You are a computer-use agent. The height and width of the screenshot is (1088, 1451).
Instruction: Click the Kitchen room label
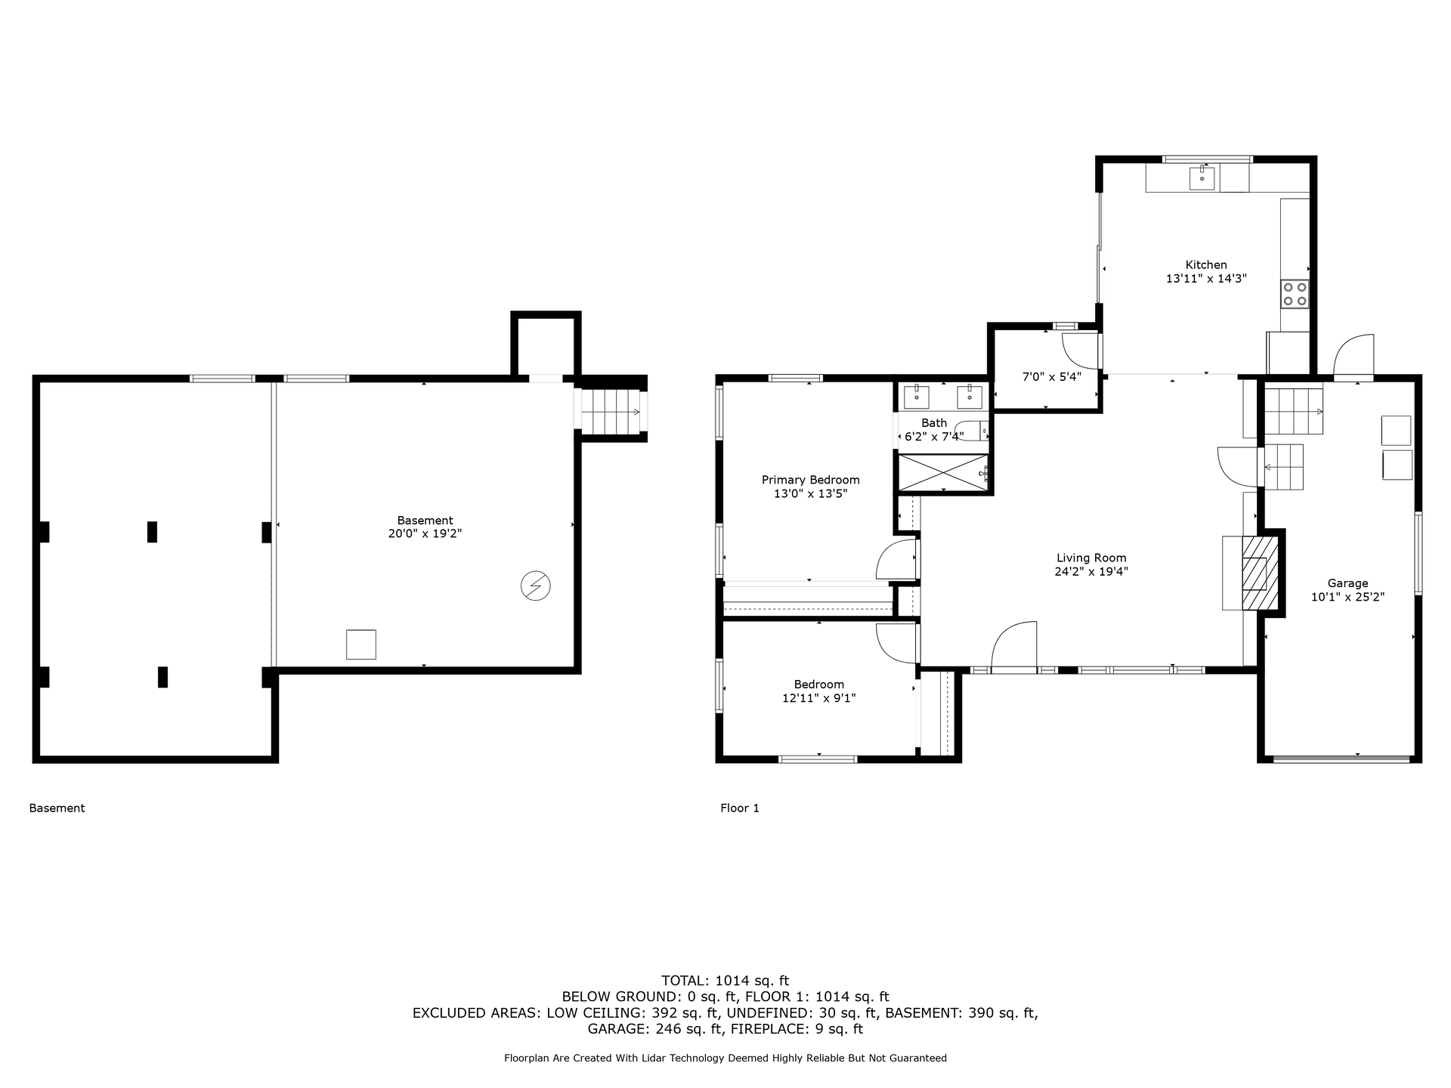tap(1205, 264)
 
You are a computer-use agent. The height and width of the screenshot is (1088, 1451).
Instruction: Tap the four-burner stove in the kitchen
tap(1295, 293)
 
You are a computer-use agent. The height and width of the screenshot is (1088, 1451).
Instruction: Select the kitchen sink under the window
tap(1202, 179)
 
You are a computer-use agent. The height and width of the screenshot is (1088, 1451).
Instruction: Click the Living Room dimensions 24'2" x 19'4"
tap(1091, 572)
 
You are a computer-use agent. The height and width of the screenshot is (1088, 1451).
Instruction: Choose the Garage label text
tap(1347, 583)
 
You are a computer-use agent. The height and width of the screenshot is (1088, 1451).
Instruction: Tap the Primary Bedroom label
tap(810, 480)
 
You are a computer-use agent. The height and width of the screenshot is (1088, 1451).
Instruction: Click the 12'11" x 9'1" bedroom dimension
tap(818, 698)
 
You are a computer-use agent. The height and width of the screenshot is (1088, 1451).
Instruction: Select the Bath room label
tap(934, 423)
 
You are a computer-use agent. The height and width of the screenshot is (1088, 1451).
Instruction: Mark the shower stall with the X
tap(942, 473)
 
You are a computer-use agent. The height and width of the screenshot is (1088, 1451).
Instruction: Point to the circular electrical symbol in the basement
tap(536, 586)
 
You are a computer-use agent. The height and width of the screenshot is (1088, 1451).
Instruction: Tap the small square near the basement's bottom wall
tap(360, 644)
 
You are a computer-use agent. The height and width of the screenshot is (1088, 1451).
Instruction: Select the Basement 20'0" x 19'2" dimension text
tap(425, 533)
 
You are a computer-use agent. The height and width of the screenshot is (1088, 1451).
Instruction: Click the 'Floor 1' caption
tap(739, 808)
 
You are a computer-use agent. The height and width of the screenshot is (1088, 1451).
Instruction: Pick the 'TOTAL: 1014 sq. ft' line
tap(725, 981)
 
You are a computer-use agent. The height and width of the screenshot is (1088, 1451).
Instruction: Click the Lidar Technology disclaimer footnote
tap(725, 1059)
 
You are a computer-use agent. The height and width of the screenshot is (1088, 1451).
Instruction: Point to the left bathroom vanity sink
tap(917, 396)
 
